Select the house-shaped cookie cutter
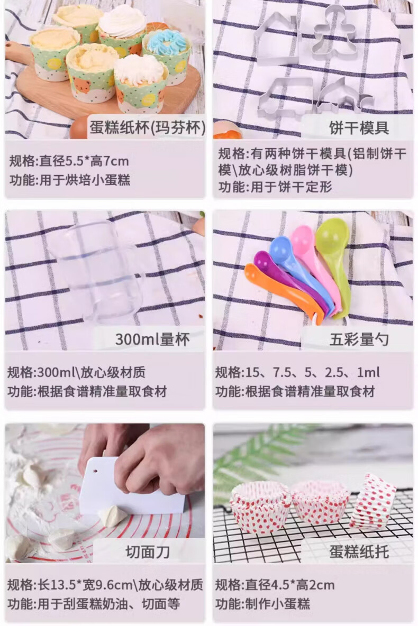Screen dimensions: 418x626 pos(277,39)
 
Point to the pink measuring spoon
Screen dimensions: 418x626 pos(316,263)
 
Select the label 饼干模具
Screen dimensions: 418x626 pos(359,128)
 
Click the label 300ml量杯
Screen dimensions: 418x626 pos(152,339)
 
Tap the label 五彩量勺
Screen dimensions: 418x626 pos(359,339)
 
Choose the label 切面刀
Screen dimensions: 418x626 pos(148,552)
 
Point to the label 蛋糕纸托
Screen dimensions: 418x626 pos(359,552)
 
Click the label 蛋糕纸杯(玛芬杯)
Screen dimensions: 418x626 pos(148,128)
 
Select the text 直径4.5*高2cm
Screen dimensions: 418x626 pos(290,585)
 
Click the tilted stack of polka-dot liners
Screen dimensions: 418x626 pos(372,502)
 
